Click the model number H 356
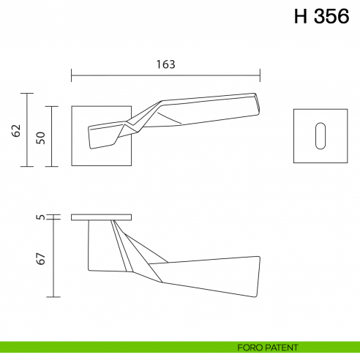pyautogui.click(x=323, y=17)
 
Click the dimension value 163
pyautogui.click(x=165, y=64)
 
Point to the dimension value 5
pyautogui.click(x=41, y=217)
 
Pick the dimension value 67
pyautogui.click(x=41, y=258)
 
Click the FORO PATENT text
pyautogui.click(x=267, y=347)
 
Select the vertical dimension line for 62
pyautogui.click(x=28, y=130)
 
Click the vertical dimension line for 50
pyautogui.click(x=53, y=136)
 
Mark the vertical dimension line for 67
pyautogui.click(x=53, y=259)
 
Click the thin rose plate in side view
pyautogui.click(x=102, y=217)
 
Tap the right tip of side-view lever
pyautogui.click(x=258, y=278)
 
